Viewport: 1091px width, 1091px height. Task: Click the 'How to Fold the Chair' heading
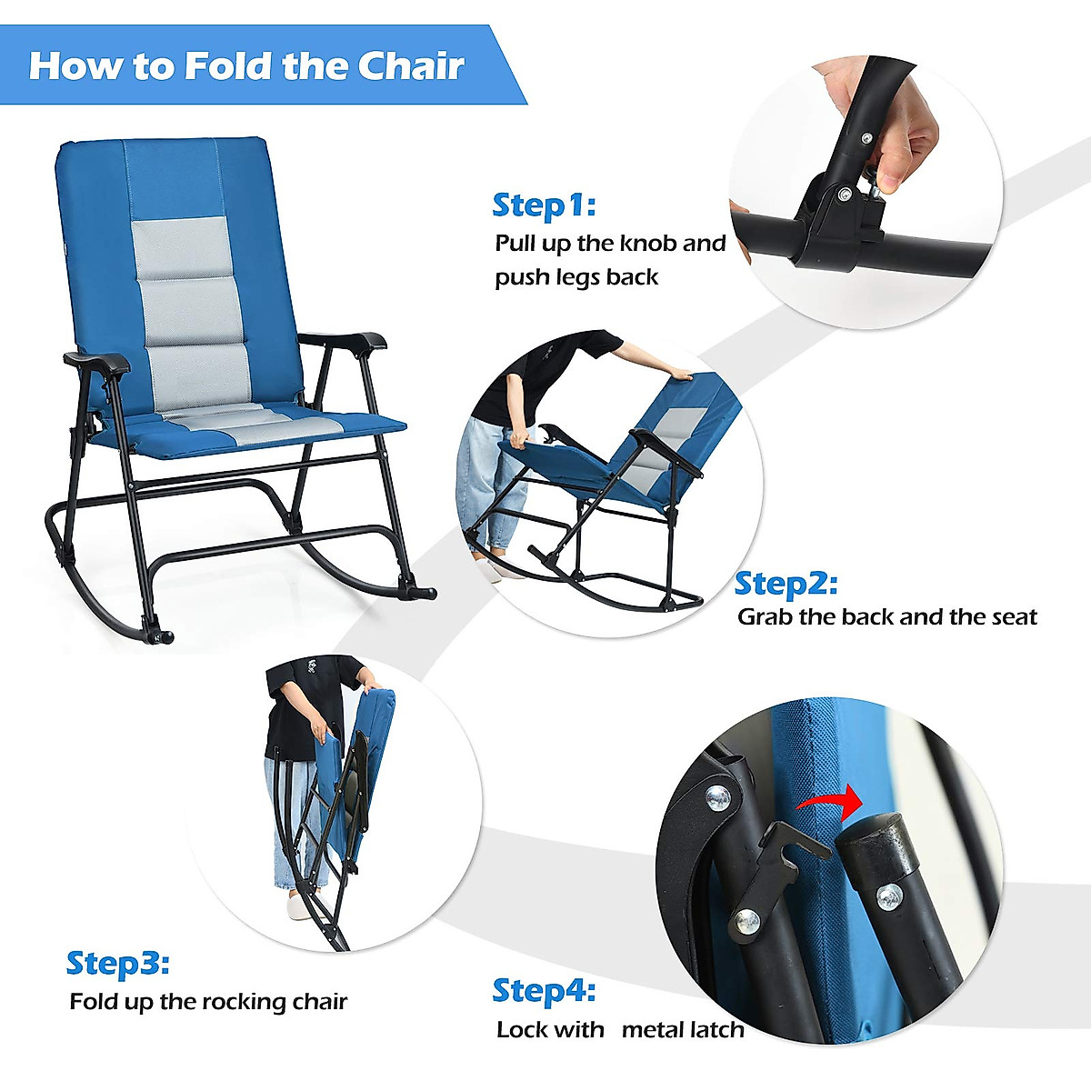pyautogui.click(x=246, y=66)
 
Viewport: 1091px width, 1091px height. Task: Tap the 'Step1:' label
pyautogui.click(x=543, y=205)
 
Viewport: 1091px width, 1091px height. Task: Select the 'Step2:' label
pyautogui.click(x=786, y=583)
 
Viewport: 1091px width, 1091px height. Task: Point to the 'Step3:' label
pyautogui.click(x=117, y=963)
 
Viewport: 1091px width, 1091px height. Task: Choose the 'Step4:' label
pyautogui.click(x=543, y=990)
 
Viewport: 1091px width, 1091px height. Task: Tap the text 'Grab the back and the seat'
pyautogui.click(x=886, y=617)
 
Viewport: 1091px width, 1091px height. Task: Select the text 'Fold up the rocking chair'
pyautogui.click(x=208, y=1002)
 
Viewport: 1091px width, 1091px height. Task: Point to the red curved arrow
pyautogui.click(x=829, y=801)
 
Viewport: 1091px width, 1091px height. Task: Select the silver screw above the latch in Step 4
pyautogui.click(x=718, y=797)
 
